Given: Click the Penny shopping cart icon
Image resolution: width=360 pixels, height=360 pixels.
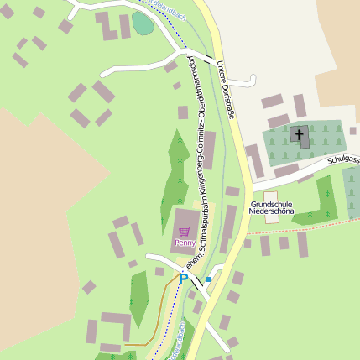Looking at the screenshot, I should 185,231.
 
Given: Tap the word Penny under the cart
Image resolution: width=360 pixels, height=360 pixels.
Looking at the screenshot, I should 185,243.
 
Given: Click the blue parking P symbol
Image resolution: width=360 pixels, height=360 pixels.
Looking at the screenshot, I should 183,278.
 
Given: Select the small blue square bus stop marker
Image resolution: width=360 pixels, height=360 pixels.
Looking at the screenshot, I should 209,279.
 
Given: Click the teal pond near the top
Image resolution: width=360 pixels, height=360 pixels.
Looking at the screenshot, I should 143,23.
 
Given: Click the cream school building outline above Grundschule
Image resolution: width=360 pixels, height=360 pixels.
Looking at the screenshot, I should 270,196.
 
